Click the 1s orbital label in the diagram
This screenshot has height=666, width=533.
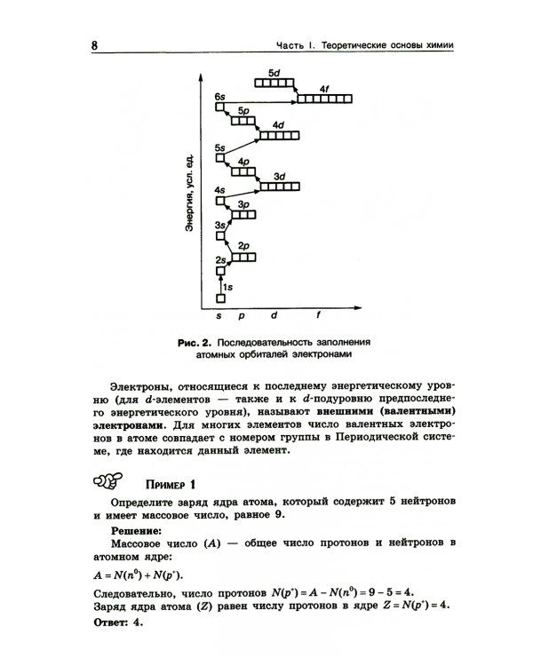click(x=227, y=288)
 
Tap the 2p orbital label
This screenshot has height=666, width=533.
click(x=244, y=244)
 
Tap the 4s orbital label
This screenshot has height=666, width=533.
click(x=219, y=190)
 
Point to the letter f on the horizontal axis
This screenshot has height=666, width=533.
click(x=319, y=315)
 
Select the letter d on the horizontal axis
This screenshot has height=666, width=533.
click(x=274, y=315)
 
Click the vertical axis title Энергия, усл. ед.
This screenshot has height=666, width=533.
click(x=190, y=194)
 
